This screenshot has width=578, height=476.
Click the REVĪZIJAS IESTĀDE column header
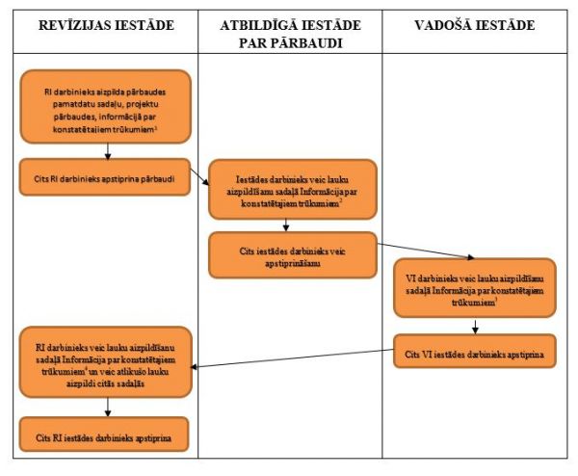pos(106,25)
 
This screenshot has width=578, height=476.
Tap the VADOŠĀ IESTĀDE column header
pos(474,25)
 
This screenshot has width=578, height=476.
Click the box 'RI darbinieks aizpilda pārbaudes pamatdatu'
pos(105,106)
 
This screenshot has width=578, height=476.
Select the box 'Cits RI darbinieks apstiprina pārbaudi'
pos(105,177)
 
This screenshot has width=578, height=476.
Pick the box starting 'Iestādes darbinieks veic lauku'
pos(293,190)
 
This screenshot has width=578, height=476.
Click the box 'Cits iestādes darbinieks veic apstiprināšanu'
pos(293,254)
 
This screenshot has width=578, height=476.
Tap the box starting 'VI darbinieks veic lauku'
pos(475,288)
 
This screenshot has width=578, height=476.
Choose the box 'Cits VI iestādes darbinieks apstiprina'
pos(475,351)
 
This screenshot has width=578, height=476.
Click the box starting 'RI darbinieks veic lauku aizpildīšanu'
pos(106,362)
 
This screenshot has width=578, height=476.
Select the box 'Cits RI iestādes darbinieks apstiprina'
pos(104,435)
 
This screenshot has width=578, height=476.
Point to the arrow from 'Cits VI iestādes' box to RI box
pos(292,358)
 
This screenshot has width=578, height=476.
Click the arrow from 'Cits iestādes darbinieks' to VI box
pos(426,251)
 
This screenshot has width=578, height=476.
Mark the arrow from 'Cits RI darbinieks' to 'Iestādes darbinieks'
pos(199,176)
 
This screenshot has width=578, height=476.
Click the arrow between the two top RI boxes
pos(108,151)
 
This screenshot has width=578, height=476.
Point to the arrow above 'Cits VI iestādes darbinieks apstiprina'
pos(475,327)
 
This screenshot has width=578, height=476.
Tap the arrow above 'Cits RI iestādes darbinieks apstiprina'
pos(108,407)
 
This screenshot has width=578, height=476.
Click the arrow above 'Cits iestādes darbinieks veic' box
pos(285,225)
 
